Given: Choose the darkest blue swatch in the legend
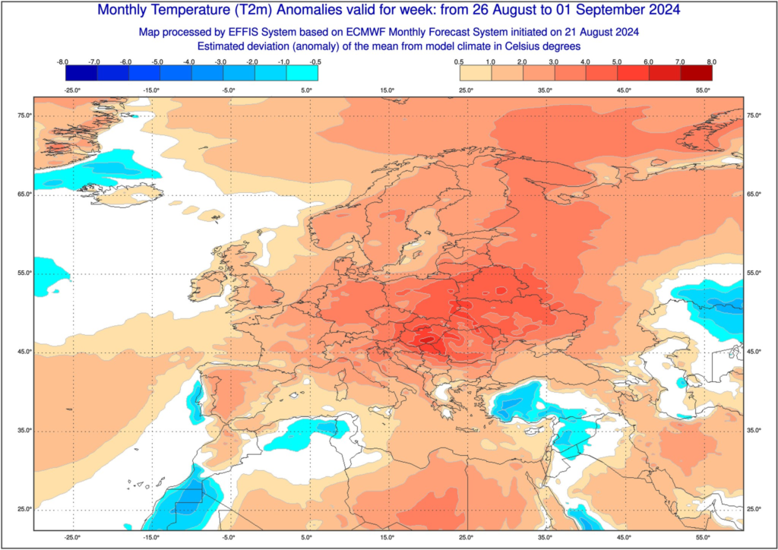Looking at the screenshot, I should pos(81,72).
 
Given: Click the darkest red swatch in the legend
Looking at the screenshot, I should pos(696,72).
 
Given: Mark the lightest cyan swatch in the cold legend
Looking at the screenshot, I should pos(302,72).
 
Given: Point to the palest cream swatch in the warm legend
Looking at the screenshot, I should pos(476,72).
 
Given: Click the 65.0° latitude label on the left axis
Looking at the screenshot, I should pos(23,194).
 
